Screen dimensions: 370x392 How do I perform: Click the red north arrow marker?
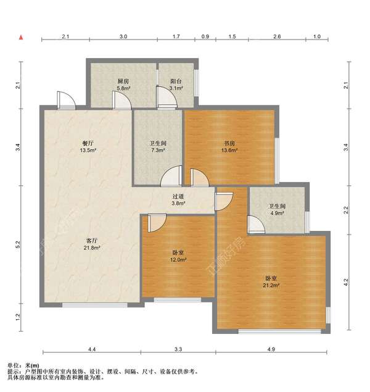[x=21, y=38]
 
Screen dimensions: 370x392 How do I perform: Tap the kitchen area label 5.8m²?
[x=123, y=88]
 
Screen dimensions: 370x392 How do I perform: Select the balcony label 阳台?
[x=176, y=81]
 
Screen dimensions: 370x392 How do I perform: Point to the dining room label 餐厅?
[x=88, y=143]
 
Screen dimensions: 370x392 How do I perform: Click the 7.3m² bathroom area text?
[x=158, y=150]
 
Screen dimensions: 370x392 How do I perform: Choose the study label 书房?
[x=229, y=143]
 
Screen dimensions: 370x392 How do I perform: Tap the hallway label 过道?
[x=178, y=196]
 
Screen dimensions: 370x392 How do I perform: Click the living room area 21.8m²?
[x=92, y=248]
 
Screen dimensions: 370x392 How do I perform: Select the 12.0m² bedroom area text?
[x=178, y=260]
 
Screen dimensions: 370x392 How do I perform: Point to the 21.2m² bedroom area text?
[x=271, y=285]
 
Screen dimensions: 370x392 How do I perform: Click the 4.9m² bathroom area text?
[x=277, y=213]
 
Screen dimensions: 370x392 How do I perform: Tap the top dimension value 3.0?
[x=123, y=36]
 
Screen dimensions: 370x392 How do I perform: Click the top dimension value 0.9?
[x=205, y=36]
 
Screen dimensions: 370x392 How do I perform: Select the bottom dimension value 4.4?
[x=92, y=349]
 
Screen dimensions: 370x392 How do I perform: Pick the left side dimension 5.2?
[x=18, y=244]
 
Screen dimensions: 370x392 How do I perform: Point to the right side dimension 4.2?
[x=346, y=282]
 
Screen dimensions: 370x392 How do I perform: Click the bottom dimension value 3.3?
[x=178, y=349]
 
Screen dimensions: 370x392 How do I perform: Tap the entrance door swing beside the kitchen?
[x=66, y=100]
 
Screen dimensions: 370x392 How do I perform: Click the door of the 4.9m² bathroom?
[x=256, y=225]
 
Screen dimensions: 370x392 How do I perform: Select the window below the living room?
[x=94, y=305]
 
